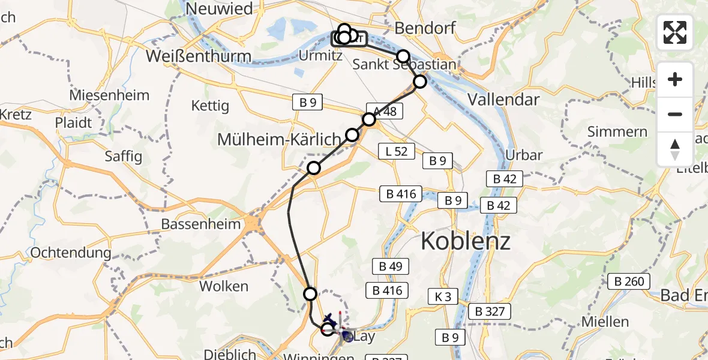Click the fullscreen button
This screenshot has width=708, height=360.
pyautogui.click(x=675, y=32)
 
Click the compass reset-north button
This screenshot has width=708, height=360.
pyautogui.click(x=675, y=149)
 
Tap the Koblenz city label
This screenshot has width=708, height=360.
pyautogui.click(x=465, y=241)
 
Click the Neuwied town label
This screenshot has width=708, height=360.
pyautogui.click(x=219, y=8)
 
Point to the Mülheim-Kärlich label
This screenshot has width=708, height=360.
pyautogui.click(x=279, y=139)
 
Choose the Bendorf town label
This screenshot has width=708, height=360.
pyautogui.click(x=425, y=28)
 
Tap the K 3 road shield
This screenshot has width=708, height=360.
pyautogui.click(x=443, y=296)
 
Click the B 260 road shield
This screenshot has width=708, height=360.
pyautogui.click(x=628, y=281)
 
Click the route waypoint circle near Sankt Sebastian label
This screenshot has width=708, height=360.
pyautogui.click(x=403, y=56)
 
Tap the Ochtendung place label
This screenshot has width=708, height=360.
pyautogui.click(x=71, y=253)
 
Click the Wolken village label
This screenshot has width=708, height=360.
pyautogui.click(x=224, y=286)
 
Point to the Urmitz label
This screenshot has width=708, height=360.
pyautogui.click(x=320, y=56)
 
